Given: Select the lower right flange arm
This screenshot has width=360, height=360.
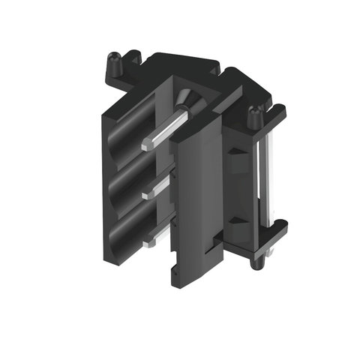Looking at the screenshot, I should tap(274, 229).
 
